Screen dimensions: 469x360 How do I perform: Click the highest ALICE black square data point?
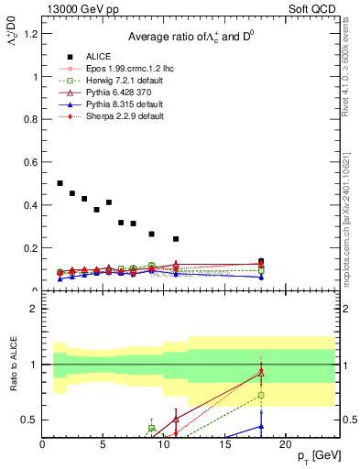coord(60,183)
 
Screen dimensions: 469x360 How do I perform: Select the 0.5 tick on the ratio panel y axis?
coord(31,420)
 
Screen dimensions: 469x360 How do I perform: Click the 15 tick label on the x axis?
coord(224,445)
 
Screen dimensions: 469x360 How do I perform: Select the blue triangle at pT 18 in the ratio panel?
coord(261,426)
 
